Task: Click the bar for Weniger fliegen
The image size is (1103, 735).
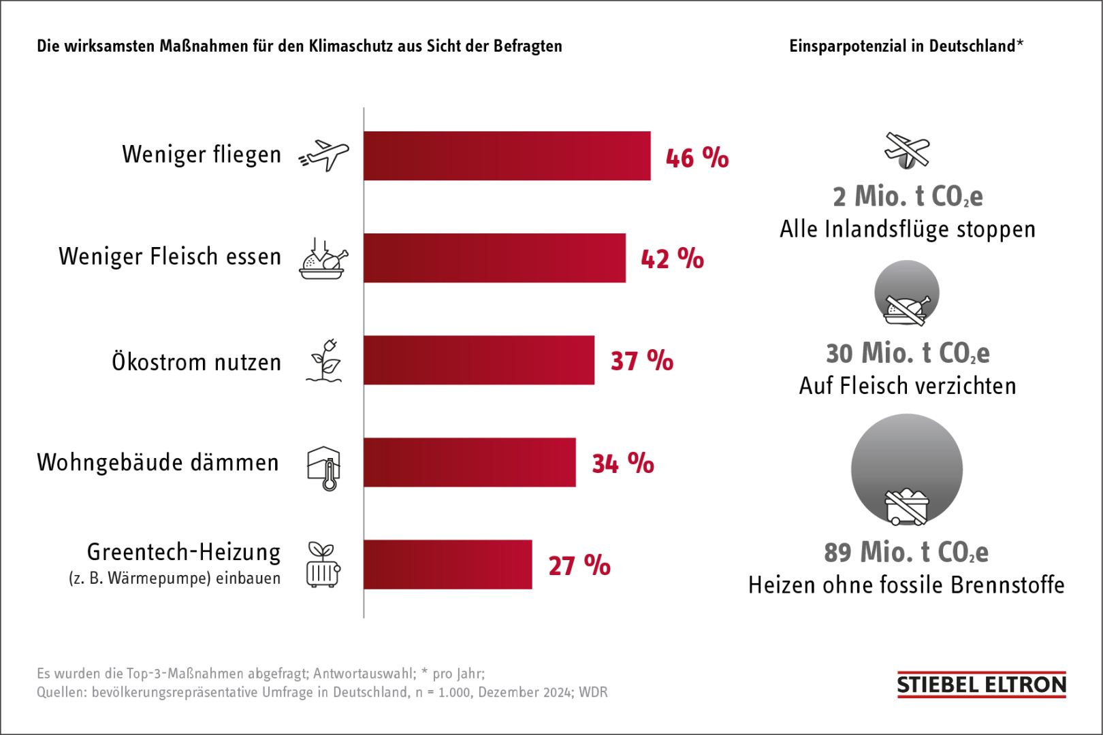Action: coord(507,156)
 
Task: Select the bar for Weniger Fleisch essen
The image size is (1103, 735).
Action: coord(494,258)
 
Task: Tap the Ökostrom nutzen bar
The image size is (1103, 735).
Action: coord(479,360)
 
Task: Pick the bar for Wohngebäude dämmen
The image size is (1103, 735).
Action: coord(469,462)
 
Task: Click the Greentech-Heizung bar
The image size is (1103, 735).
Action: coord(447,564)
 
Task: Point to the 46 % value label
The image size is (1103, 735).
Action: coord(697,157)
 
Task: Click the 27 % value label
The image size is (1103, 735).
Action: coord(579,566)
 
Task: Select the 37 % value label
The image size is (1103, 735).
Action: coord(641,361)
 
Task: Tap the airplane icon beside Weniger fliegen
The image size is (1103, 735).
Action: coord(324,156)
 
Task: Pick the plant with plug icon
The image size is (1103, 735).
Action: coord(324,361)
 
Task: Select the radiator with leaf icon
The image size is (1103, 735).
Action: coord(323,565)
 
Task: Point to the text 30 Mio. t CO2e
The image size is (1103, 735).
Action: coord(907,353)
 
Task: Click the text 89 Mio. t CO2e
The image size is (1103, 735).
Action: coord(906,552)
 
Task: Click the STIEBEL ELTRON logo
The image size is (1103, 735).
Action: coord(981,685)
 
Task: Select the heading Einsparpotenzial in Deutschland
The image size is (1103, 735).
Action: coord(906,46)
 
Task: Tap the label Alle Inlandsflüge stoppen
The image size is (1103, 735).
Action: coord(907,229)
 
